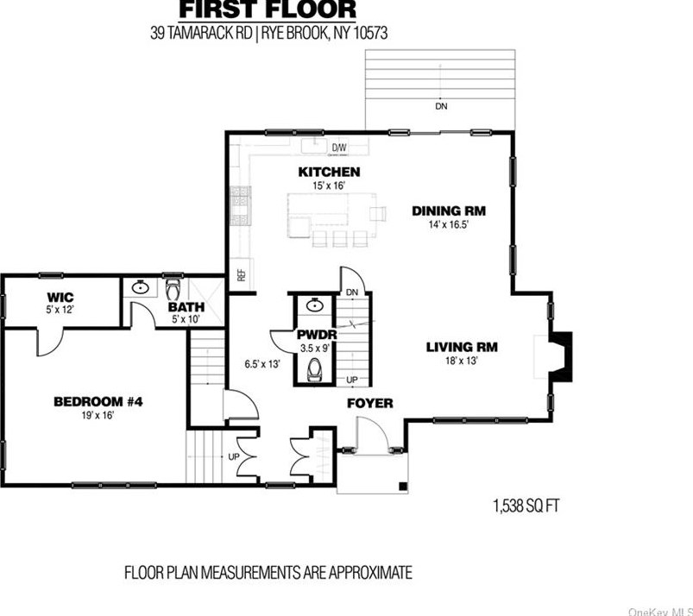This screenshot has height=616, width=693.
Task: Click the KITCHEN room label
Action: [x=329, y=172]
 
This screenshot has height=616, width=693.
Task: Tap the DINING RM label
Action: [x=449, y=211]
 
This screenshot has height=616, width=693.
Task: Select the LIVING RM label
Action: [x=462, y=347]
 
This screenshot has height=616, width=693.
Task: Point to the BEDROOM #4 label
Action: [x=98, y=402]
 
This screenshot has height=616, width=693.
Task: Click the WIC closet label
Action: [x=60, y=297]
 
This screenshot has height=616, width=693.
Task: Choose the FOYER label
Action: [x=370, y=403]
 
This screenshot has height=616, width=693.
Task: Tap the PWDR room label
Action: [x=317, y=335]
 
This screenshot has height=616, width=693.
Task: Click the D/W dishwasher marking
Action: [x=339, y=148]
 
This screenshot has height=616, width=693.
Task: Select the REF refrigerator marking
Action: [x=242, y=276]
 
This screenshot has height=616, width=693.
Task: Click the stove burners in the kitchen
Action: [x=241, y=206]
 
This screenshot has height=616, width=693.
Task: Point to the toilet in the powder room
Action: [x=315, y=369]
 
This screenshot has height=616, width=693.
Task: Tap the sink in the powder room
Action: [x=315, y=305]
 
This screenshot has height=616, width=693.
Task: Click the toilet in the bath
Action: [x=173, y=289]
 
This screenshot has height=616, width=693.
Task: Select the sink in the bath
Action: [x=141, y=287]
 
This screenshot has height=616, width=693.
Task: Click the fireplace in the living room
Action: [x=560, y=356]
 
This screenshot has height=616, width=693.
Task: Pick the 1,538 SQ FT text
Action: [x=526, y=506]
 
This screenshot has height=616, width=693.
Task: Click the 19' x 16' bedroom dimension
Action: [x=98, y=415]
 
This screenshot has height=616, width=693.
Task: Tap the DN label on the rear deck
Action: [x=441, y=106]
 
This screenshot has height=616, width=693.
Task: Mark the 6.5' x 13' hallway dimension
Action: [x=262, y=364]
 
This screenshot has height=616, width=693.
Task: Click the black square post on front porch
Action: [x=403, y=486]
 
